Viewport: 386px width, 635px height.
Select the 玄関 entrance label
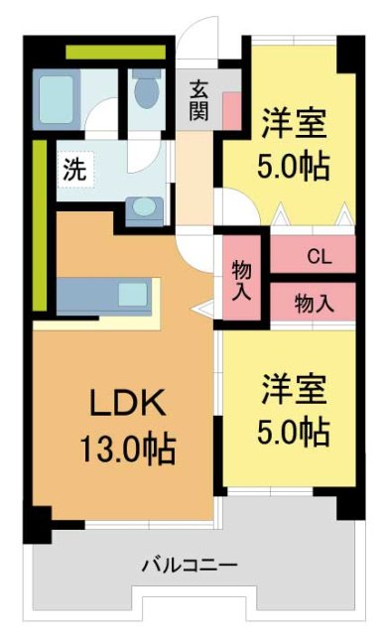click(196, 98)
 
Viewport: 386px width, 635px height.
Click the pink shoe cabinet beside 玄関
click(231, 110)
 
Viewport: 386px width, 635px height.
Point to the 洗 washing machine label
click(75, 168)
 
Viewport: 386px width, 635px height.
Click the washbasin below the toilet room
click(146, 207)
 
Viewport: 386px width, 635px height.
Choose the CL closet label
click(318, 257)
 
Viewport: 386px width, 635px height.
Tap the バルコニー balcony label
click(189, 567)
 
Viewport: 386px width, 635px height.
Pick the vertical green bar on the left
click(40, 223)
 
